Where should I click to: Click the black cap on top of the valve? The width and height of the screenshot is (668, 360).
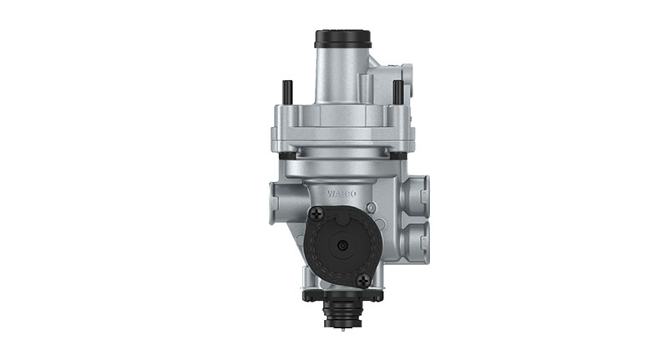(x=342, y=39)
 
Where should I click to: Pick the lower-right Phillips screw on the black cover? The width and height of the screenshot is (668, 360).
(x=362, y=280)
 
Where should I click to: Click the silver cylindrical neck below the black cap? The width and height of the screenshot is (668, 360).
(x=341, y=75)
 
